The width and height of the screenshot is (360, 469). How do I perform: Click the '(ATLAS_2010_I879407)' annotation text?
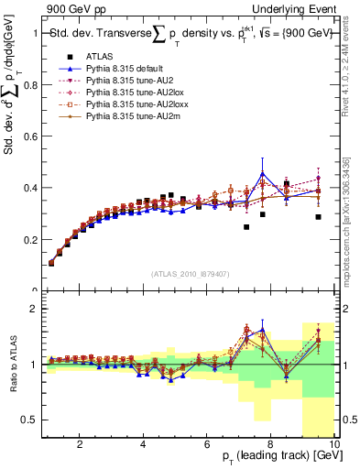pos(191,273)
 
